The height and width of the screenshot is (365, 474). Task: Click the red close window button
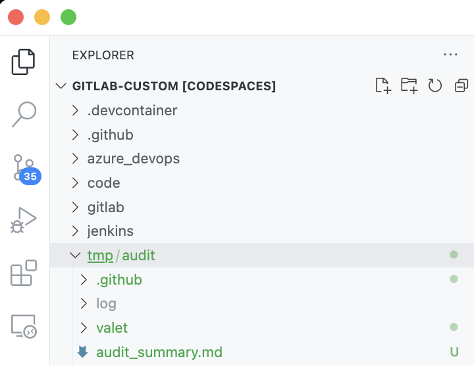[16, 17]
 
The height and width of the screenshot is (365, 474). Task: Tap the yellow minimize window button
[42, 17]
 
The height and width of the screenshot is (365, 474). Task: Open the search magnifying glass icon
[24, 114]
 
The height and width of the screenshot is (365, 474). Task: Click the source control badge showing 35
[30, 176]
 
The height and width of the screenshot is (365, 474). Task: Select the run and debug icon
[23, 220]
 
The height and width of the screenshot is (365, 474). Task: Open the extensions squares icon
[24, 273]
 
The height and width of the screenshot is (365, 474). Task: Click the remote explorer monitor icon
[24, 326]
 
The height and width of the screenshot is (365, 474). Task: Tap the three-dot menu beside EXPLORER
[450, 55]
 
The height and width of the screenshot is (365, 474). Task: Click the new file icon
[383, 86]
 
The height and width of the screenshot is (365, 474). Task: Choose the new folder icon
[409, 86]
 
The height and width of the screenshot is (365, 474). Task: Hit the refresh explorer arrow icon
[435, 86]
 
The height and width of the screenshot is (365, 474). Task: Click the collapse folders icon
[461, 86]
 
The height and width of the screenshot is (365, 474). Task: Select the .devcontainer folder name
[132, 111]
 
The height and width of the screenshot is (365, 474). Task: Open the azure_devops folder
[134, 159]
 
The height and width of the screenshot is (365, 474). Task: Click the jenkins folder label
[111, 231]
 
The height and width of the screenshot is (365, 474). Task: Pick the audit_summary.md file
[159, 352]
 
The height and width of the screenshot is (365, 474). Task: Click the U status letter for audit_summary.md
[454, 352]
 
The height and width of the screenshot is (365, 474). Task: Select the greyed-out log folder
[106, 304]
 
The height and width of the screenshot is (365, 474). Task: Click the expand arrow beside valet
[84, 327]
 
